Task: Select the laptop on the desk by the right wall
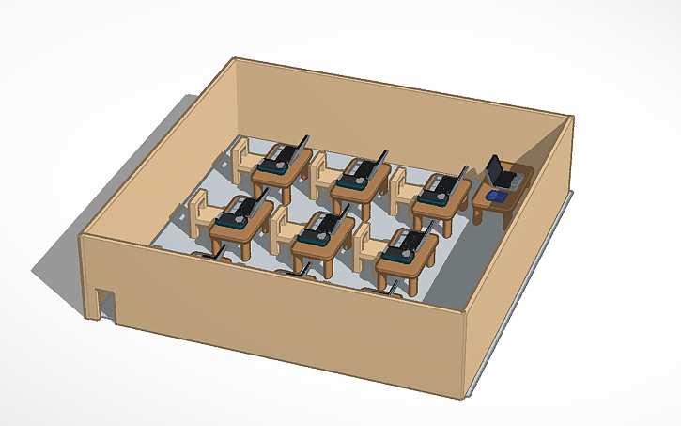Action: click(499, 173)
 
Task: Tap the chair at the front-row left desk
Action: click(202, 213)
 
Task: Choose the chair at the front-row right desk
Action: click(366, 246)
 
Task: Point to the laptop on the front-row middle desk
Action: click(319, 225)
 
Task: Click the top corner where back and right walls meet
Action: click(571, 117)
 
